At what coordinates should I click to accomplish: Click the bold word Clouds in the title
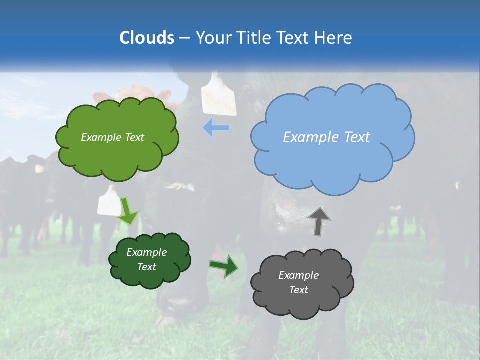point(147,38)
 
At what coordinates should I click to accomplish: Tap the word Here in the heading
point(334,38)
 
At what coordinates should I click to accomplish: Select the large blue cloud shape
point(332,160)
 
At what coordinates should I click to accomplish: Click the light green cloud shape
point(117,155)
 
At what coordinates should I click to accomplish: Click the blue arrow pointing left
point(216,128)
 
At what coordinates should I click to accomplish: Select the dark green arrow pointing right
point(224,266)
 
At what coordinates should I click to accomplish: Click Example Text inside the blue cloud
point(326,137)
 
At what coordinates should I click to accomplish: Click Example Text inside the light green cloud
point(112,137)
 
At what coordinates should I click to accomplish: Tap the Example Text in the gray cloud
point(298,282)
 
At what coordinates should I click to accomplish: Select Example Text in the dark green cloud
point(146,259)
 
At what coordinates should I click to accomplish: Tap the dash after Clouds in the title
point(184,38)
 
